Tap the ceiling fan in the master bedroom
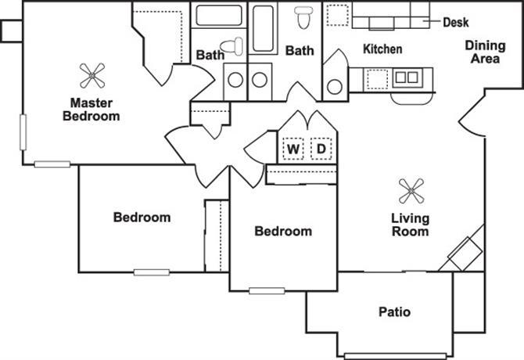(x=93, y=76)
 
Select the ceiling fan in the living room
(x=411, y=190)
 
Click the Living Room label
(x=410, y=225)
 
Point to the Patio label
(x=394, y=312)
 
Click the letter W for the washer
(x=293, y=148)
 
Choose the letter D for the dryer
(x=321, y=148)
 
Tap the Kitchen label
(x=382, y=49)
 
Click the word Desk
(x=455, y=22)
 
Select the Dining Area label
(x=485, y=52)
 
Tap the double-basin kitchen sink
(x=407, y=77)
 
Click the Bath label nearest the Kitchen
(x=299, y=51)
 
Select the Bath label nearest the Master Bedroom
(x=210, y=55)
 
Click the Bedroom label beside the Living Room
(x=283, y=231)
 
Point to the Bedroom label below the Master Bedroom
(x=142, y=217)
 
